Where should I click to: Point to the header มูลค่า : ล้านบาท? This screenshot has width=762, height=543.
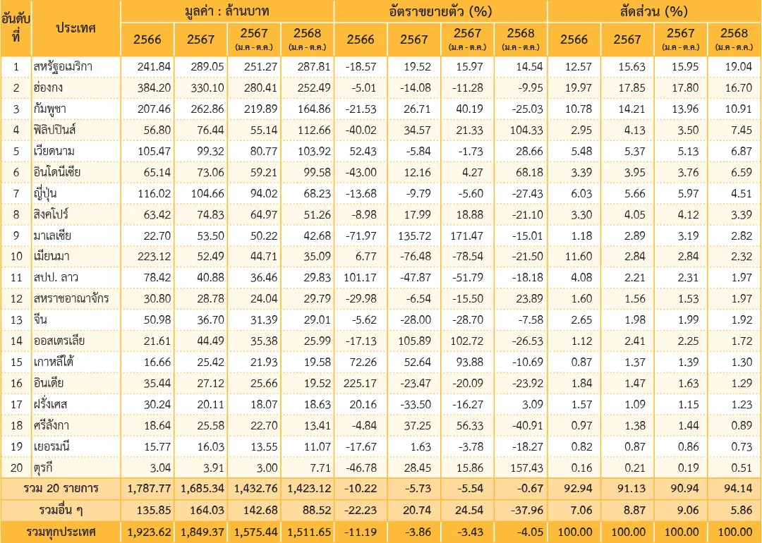point(227,11)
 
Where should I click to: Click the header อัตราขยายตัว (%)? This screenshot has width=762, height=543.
point(440,11)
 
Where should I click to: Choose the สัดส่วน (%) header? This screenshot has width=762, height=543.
point(654,11)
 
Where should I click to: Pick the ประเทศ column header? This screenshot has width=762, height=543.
point(75,28)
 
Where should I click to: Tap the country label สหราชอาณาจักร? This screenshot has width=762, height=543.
point(71,299)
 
